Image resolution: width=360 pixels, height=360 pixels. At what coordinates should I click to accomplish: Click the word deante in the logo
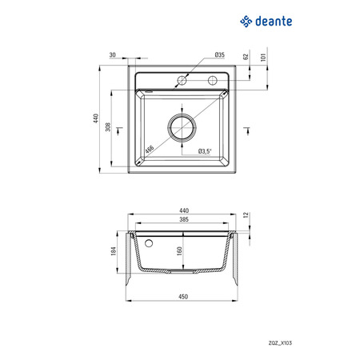[274, 22]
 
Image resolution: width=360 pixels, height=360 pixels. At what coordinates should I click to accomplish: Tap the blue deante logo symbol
[246, 22]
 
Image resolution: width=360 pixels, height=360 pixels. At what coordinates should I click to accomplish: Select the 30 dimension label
[113, 55]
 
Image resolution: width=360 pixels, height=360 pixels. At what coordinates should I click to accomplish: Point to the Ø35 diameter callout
[220, 54]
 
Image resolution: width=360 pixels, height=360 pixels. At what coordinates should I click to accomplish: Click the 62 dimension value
[246, 57]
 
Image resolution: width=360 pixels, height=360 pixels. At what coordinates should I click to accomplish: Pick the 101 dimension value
[263, 58]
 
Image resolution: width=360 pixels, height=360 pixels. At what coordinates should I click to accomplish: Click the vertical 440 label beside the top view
[96, 118]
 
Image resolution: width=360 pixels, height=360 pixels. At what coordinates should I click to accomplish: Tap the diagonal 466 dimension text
[150, 150]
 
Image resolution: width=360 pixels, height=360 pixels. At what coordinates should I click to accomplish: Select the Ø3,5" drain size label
[205, 151]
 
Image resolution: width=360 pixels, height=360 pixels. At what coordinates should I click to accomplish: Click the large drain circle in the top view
[182, 114]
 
